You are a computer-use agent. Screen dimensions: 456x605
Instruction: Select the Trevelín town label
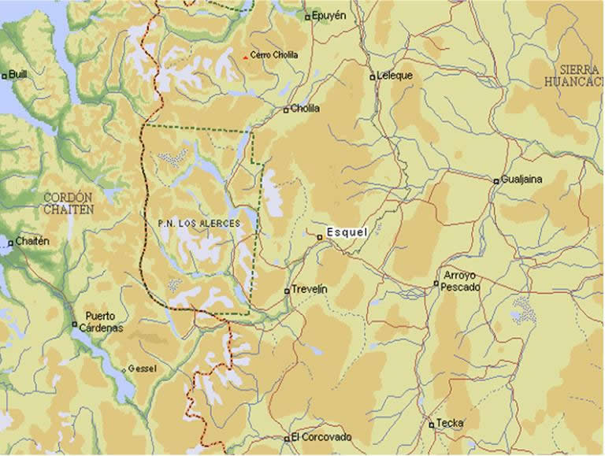(x=310, y=290)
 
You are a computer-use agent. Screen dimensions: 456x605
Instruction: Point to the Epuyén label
(x=329, y=15)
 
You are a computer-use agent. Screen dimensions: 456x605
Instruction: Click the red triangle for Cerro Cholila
(x=245, y=57)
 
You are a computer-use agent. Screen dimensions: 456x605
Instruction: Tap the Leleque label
(x=395, y=76)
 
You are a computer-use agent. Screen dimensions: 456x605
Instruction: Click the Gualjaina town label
(x=522, y=180)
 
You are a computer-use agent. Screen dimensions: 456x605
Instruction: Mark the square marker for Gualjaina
(x=496, y=181)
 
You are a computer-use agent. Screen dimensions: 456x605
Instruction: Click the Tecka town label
(x=451, y=423)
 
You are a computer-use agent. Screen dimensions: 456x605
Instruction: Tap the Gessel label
(x=143, y=369)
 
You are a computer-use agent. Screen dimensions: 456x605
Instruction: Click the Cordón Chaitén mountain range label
(x=69, y=203)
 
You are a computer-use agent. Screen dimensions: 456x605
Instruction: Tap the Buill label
(x=18, y=75)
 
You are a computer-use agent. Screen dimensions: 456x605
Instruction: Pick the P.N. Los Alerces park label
(x=199, y=224)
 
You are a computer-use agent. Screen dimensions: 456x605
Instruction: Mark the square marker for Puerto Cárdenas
(x=75, y=324)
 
